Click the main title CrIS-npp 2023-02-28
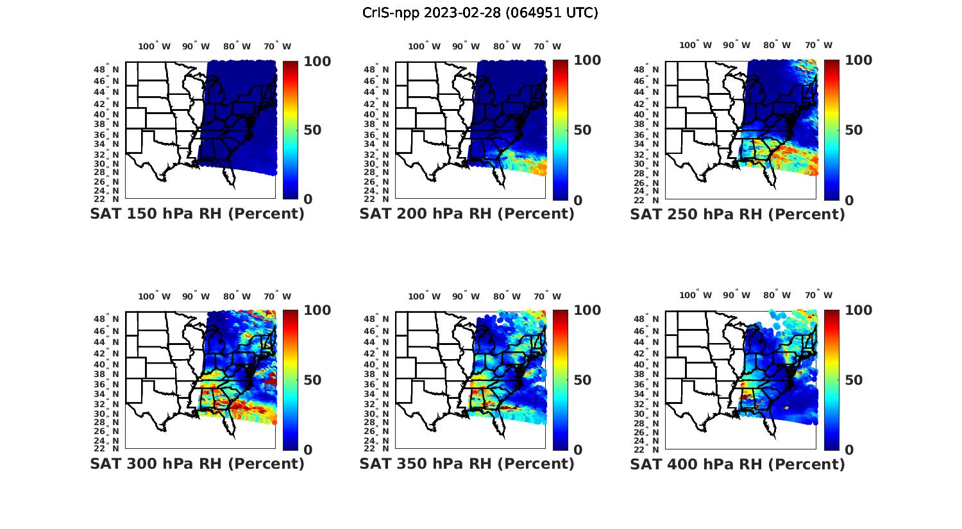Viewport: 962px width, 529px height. [x=480, y=13]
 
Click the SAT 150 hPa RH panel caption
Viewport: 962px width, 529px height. [x=197, y=214]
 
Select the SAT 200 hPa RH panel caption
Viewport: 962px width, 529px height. [x=467, y=214]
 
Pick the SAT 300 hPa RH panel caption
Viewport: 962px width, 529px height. [x=197, y=464]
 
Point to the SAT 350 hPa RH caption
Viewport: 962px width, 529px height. [x=467, y=464]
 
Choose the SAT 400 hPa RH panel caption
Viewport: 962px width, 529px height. [x=738, y=464]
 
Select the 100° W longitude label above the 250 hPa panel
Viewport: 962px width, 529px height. [x=695, y=45]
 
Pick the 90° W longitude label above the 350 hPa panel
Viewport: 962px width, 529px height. [x=466, y=296]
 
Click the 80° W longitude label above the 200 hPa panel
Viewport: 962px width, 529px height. [x=507, y=46]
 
